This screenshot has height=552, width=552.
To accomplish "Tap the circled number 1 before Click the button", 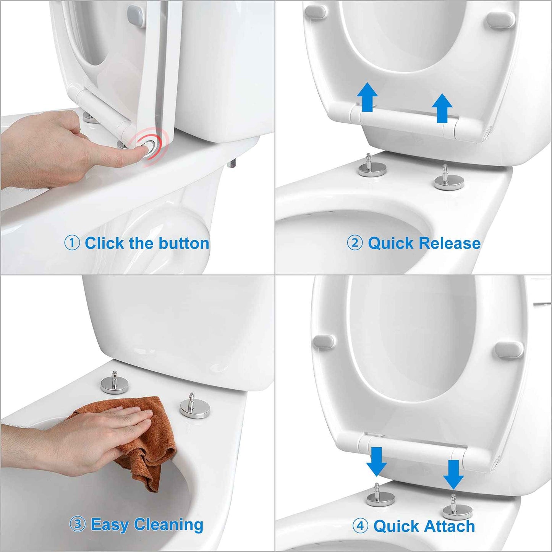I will [72, 243].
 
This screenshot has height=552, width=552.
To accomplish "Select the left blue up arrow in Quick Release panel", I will [367, 97].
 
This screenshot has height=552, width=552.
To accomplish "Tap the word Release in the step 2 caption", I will [449, 243].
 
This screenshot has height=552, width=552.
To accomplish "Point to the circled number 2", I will [355, 243].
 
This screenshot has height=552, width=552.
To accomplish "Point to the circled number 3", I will [78, 524].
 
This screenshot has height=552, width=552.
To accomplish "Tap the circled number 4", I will [360, 526].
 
